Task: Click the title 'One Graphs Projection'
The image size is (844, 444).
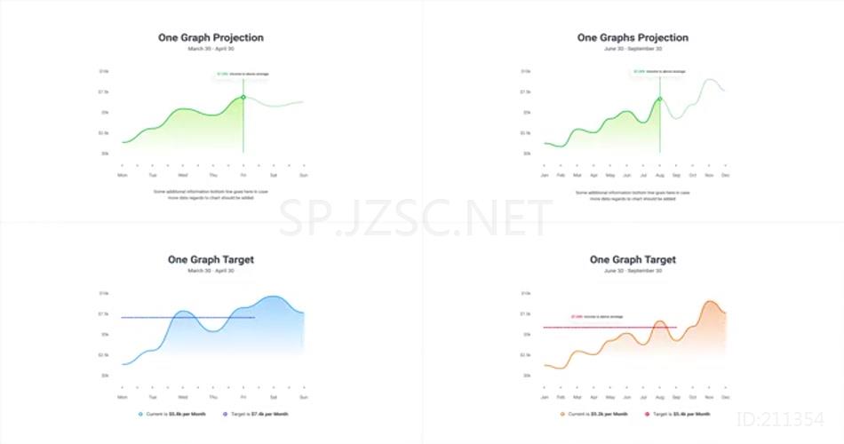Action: tap(633, 37)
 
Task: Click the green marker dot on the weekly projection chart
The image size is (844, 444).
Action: tap(243, 97)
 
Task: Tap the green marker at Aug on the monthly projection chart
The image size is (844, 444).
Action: tap(660, 99)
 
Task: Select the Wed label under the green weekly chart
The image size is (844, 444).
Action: tap(182, 175)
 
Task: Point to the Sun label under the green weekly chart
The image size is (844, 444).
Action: tap(303, 175)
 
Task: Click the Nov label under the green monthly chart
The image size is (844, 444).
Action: tap(709, 175)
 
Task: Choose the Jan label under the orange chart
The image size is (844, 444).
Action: tap(545, 397)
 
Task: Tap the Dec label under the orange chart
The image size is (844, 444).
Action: tap(725, 397)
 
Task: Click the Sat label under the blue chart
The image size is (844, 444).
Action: tap(273, 397)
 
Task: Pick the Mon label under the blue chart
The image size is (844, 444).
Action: tap(122, 397)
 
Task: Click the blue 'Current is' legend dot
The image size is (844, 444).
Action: tap(139, 414)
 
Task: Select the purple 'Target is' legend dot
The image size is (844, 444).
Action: tap(225, 414)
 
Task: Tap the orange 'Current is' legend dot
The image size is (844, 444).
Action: tap(561, 414)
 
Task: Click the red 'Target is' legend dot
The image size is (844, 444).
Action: tap(648, 414)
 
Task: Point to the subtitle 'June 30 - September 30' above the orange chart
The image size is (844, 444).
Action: tap(633, 271)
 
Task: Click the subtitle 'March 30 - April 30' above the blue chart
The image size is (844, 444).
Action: tap(211, 271)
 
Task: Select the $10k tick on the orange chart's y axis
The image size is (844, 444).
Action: tap(526, 293)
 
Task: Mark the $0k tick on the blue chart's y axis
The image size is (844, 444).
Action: tap(104, 376)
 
